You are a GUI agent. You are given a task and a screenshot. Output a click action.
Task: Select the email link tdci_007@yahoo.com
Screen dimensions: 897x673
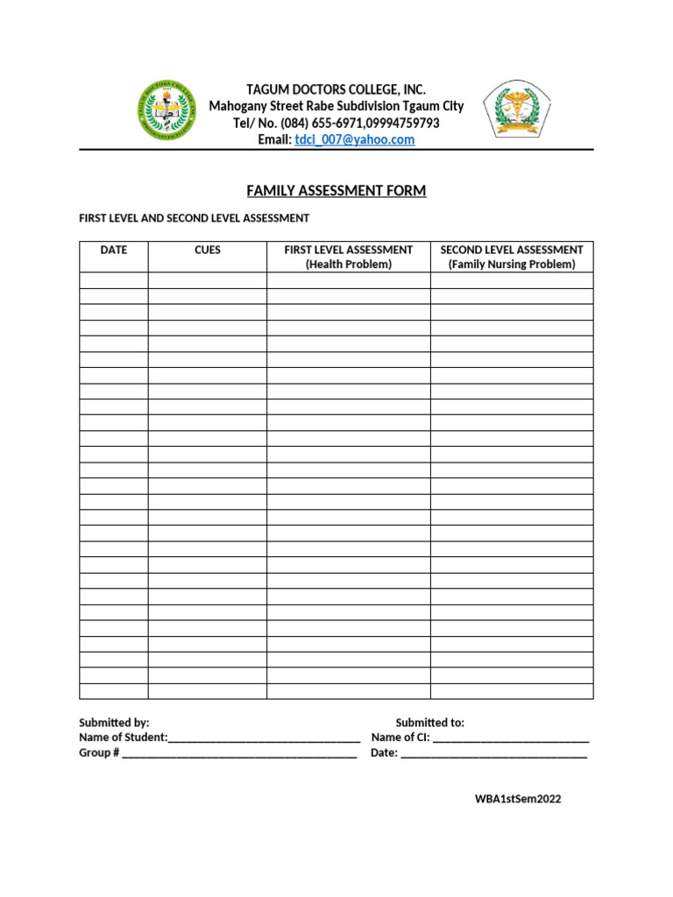(354, 140)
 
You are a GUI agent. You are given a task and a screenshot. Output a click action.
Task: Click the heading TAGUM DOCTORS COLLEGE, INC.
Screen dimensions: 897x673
(336, 90)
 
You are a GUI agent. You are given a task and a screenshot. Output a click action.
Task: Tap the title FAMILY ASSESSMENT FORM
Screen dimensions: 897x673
(336, 191)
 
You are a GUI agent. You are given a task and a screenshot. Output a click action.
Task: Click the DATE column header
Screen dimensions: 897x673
(114, 251)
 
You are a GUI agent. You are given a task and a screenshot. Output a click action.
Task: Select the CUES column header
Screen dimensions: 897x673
(208, 251)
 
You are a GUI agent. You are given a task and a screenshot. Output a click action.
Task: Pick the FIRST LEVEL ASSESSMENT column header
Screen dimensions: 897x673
(348, 251)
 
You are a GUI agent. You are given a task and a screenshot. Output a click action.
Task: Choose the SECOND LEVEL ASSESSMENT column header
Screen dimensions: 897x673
(512, 251)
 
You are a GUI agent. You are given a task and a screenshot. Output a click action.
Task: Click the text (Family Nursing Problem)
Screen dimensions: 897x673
(512, 265)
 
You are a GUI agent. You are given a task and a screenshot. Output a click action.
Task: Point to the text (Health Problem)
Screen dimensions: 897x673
(348, 265)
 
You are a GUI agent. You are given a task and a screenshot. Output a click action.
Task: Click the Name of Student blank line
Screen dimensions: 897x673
(264, 738)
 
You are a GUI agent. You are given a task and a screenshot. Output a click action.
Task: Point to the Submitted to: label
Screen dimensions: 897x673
(429, 724)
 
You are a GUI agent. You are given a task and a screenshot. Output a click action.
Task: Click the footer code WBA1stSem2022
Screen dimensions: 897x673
(517, 800)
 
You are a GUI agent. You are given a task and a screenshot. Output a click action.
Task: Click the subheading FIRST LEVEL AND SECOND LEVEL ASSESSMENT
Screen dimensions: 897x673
(194, 218)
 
